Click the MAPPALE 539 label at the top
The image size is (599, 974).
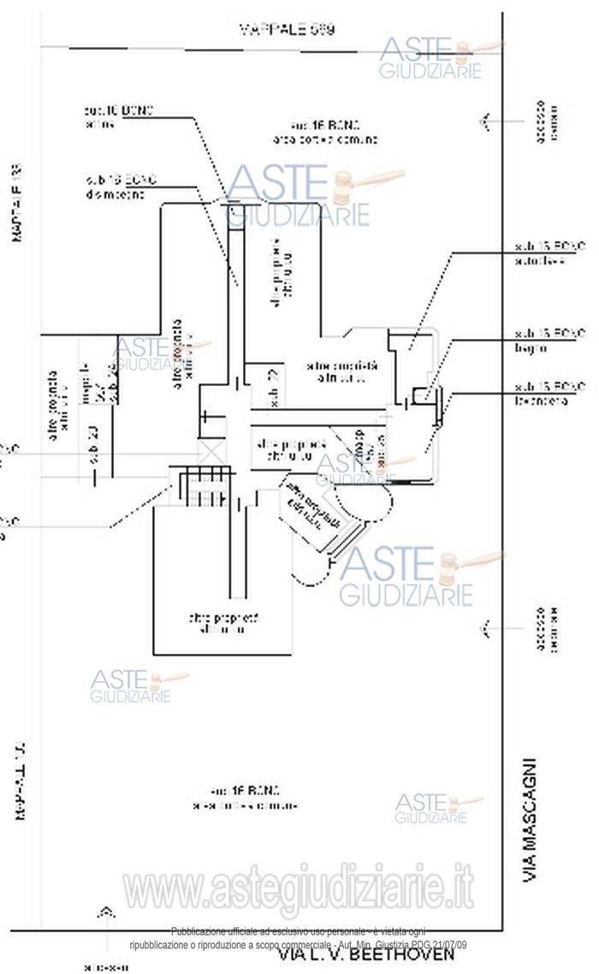click(286, 29)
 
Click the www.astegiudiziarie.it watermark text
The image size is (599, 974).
click(299, 889)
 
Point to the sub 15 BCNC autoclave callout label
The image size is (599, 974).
click(539, 253)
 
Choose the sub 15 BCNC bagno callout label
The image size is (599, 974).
click(539, 341)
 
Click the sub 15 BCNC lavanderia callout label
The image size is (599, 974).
click(539, 393)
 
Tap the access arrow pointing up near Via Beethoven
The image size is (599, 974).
click(106, 913)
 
